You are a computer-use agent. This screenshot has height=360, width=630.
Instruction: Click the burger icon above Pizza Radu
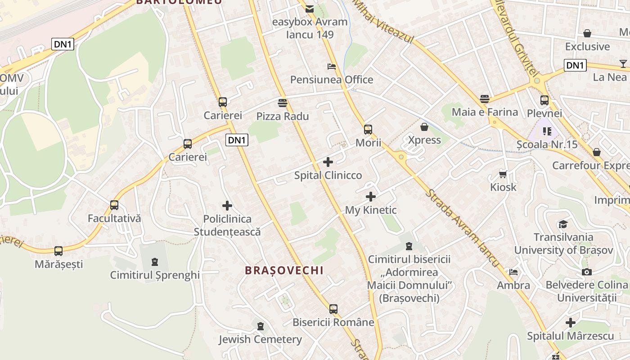pyautogui.click(x=283, y=103)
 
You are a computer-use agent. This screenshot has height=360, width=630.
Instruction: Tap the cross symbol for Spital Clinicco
pyautogui.click(x=328, y=162)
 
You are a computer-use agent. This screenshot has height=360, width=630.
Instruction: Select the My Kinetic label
pyautogui.click(x=371, y=210)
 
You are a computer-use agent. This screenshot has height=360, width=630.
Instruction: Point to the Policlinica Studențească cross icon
pyautogui.click(x=227, y=206)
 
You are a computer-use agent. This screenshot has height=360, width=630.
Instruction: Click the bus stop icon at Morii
pyautogui.click(x=368, y=130)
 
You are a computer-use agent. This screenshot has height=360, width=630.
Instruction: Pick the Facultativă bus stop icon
pyautogui.click(x=114, y=205)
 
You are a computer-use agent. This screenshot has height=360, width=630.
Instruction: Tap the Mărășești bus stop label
pyautogui.click(x=59, y=264)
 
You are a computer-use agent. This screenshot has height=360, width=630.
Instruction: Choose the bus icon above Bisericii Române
pyautogui.click(x=333, y=309)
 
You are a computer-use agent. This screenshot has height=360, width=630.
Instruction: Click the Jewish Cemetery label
pyautogui.click(x=260, y=339)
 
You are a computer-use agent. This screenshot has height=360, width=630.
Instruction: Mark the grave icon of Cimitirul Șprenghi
pyautogui.click(x=155, y=261)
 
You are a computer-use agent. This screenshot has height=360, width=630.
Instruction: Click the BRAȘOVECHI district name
pyautogui.click(x=284, y=270)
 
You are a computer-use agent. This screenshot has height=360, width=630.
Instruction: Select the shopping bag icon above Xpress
pyautogui.click(x=424, y=127)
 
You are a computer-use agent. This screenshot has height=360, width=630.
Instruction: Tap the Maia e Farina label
pyautogui.click(x=485, y=112)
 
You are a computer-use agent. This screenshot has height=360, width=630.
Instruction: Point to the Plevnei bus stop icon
pyautogui.click(x=544, y=100)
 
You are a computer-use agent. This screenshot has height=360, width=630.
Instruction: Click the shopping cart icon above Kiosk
pyautogui.click(x=503, y=174)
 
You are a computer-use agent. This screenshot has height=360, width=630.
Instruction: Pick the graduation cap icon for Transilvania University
pyautogui.click(x=563, y=224)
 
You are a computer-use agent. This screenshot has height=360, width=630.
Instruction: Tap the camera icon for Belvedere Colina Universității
pyautogui.click(x=586, y=272)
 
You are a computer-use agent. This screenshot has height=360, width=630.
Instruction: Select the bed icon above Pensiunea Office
pyautogui.click(x=332, y=67)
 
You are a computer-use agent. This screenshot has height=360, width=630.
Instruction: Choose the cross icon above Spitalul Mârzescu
pyautogui.click(x=571, y=323)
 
